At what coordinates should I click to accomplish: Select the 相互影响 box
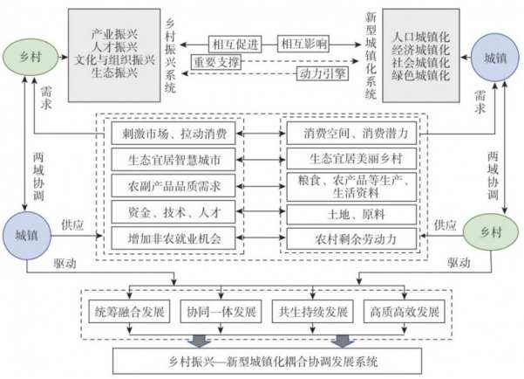click(302, 43)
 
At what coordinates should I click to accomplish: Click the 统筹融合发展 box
click(128, 312)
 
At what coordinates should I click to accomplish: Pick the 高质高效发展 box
click(401, 312)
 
